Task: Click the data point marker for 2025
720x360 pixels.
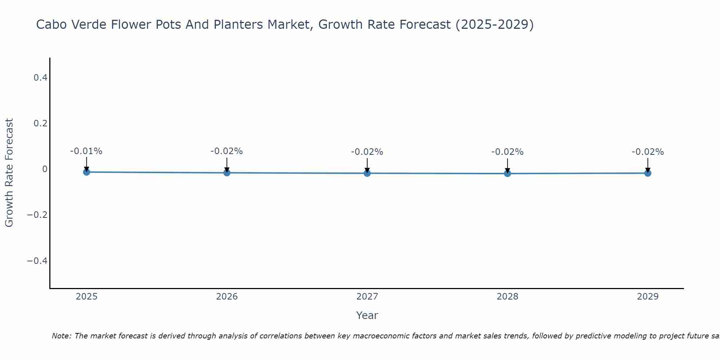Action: tap(86, 172)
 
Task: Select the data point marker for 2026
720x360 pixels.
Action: tap(227, 173)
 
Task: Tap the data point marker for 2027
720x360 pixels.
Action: tap(367, 173)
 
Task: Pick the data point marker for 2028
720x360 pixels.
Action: tap(507, 174)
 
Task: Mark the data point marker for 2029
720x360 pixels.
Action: tap(648, 173)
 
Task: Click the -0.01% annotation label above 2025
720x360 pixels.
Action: tap(86, 151)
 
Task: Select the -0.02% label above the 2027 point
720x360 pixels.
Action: tap(367, 152)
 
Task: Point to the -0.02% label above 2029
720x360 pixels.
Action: tap(648, 152)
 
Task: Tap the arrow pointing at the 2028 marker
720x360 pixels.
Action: tap(507, 165)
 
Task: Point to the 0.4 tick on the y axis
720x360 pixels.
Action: tap(40, 77)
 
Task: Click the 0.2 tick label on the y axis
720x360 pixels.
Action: tap(40, 123)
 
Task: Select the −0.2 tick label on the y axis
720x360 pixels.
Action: tap(37, 215)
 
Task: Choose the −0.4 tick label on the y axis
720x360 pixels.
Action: tap(37, 261)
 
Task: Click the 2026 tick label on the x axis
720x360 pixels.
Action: tap(227, 297)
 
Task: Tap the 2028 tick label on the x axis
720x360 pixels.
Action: tap(507, 297)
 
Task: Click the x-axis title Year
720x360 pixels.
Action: tap(367, 315)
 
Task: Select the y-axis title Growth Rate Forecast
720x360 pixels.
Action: tap(9, 172)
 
